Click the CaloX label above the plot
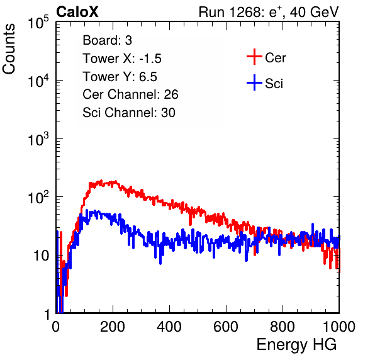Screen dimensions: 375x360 click(x=77, y=12)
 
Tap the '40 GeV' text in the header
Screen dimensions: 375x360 click(x=314, y=12)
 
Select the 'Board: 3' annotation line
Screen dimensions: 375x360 click(x=107, y=40)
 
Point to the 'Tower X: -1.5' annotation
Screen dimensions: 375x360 click(x=122, y=59)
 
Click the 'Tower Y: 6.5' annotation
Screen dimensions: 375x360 click(x=120, y=77)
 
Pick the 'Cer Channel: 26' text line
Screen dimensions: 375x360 click(x=130, y=94)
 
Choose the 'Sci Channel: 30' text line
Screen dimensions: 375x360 click(x=129, y=113)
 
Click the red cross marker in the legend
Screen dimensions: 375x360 click(x=254, y=57)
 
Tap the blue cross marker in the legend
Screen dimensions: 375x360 click(x=254, y=82)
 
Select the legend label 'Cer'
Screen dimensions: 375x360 click(x=275, y=58)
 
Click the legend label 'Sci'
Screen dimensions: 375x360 click(x=274, y=84)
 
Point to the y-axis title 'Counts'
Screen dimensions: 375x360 click(x=9, y=49)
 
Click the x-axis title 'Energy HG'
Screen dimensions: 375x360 click(x=296, y=345)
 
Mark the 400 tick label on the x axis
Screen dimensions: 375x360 click(x=169, y=327)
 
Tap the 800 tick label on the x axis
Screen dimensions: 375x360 click(x=283, y=327)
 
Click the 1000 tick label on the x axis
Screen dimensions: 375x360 click(x=339, y=327)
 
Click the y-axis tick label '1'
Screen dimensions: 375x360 click(x=48, y=315)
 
